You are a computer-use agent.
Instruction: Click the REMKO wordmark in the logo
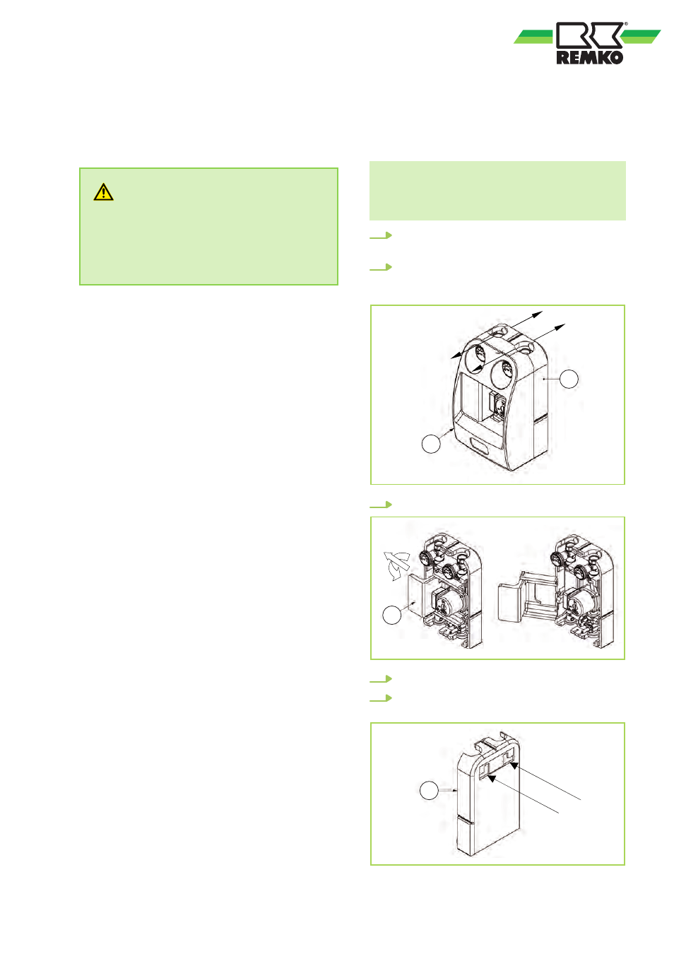point(590,57)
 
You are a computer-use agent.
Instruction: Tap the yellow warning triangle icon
point(103,192)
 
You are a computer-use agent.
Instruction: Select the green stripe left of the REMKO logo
point(534,37)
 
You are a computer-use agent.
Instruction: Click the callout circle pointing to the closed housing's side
point(569,379)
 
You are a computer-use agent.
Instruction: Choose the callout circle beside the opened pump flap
point(391,616)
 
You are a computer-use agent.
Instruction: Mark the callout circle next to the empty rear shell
point(429,791)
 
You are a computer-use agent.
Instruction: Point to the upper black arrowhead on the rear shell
point(514,765)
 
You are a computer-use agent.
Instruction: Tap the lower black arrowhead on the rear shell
point(492,778)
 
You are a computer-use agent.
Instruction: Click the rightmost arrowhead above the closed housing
point(560,326)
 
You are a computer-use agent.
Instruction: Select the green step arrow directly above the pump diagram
point(381,505)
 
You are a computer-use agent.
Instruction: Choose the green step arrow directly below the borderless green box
point(381,235)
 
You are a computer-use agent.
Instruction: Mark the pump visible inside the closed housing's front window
point(496,405)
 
